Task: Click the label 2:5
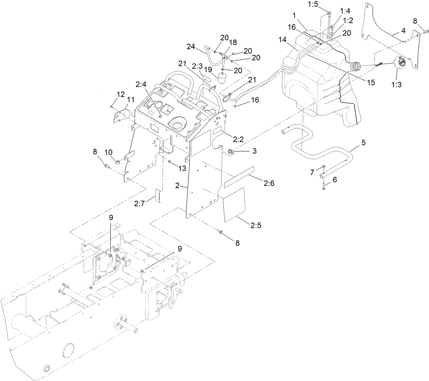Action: tap(256, 225)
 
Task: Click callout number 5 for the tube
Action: tap(364, 143)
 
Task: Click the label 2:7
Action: tap(139, 204)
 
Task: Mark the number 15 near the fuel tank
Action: tap(371, 82)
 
